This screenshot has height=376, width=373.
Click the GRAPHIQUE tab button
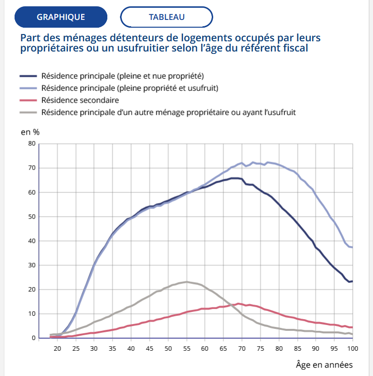[61, 17]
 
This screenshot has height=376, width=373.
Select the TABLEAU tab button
[167, 17]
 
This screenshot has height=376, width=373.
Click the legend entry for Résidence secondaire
[80, 100]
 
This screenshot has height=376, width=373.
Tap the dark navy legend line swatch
[29, 76]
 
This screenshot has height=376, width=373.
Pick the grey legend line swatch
[29, 112]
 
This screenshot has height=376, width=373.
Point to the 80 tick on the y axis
[32, 144]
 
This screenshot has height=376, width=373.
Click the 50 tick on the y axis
[32, 217]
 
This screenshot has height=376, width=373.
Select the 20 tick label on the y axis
[32, 290]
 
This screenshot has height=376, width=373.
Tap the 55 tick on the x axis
[186, 348]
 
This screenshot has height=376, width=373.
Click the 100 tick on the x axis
[352, 348]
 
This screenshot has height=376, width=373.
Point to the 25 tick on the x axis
[75, 348]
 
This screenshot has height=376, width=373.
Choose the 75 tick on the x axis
[260, 348]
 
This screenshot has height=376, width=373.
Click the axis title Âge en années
[324, 364]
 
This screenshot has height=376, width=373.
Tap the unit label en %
[30, 132]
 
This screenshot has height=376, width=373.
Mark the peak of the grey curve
[186, 282]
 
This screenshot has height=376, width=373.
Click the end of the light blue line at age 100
[352, 248]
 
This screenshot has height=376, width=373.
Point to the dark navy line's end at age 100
[352, 281]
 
